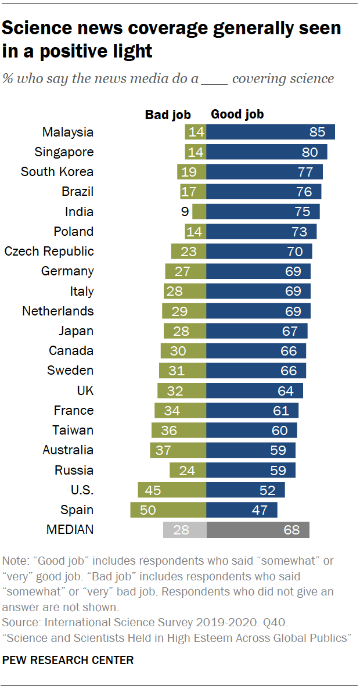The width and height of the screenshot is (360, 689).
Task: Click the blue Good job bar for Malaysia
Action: [271, 132]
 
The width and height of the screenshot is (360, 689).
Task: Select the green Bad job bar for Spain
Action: [168, 509]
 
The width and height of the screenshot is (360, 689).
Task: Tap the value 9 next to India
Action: [185, 211]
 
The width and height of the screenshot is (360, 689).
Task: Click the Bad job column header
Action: [168, 114]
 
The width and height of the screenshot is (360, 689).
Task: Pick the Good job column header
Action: [237, 114]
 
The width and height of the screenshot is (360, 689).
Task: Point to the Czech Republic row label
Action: [49, 252]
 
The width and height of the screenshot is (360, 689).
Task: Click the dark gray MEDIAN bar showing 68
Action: [258, 530]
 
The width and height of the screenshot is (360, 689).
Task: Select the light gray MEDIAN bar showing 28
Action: [185, 530]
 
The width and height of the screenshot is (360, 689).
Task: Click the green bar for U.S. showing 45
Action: [172, 490]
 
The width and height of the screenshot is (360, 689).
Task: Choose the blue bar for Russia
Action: [251, 470]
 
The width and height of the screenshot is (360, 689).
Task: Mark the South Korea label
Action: [57, 172]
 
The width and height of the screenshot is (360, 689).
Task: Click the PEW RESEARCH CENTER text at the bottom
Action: [68, 661]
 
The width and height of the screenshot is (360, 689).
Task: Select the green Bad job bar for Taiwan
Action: [179, 430]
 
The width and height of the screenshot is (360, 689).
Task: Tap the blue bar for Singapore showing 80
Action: [267, 152]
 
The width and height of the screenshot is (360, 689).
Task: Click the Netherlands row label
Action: [57, 311]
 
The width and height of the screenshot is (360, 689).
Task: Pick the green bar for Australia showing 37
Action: [178, 450]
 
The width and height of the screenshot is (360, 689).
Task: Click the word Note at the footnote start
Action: [14, 562]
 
